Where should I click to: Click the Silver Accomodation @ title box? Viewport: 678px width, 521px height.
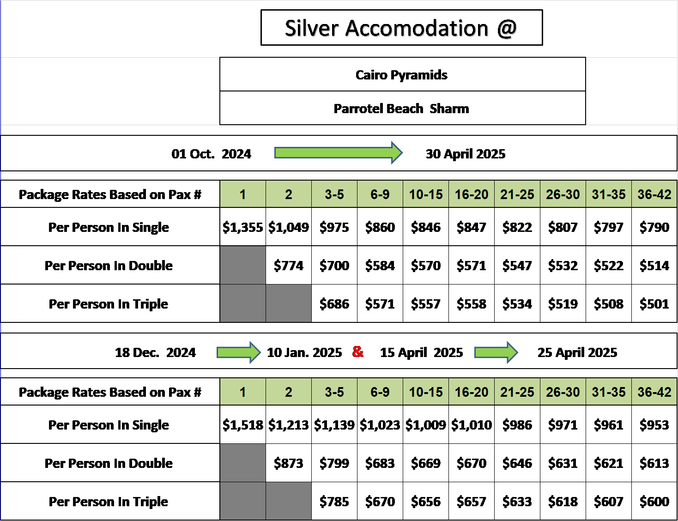click(x=401, y=27)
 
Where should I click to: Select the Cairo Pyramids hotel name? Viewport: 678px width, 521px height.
click(x=401, y=75)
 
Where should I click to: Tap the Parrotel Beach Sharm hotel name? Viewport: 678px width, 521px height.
click(x=401, y=109)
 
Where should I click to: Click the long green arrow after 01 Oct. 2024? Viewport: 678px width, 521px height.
click(x=339, y=153)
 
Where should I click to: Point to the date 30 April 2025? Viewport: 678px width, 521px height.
click(x=466, y=154)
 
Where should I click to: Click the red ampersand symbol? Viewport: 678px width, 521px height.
click(x=357, y=351)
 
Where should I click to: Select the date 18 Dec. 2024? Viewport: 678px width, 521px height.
click(x=155, y=352)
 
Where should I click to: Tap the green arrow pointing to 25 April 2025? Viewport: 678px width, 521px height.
click(x=496, y=352)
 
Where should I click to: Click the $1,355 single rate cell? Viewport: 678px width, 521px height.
click(x=243, y=227)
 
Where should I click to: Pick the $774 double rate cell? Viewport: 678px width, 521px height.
click(x=289, y=265)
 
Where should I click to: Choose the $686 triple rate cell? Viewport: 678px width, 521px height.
click(x=334, y=303)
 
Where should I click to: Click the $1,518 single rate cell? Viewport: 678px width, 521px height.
click(x=243, y=424)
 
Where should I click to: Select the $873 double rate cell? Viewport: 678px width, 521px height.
click(x=289, y=463)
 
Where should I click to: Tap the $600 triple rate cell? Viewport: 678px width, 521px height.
click(x=654, y=501)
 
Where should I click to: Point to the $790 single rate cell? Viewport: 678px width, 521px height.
click(x=654, y=227)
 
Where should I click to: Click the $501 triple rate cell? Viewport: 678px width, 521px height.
click(x=654, y=303)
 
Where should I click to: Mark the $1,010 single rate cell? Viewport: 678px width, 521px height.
click(x=472, y=424)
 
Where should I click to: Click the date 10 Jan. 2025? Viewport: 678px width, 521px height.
click(x=304, y=352)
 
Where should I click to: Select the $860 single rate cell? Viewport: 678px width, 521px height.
click(x=380, y=227)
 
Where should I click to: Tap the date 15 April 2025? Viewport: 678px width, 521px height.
click(x=421, y=352)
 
